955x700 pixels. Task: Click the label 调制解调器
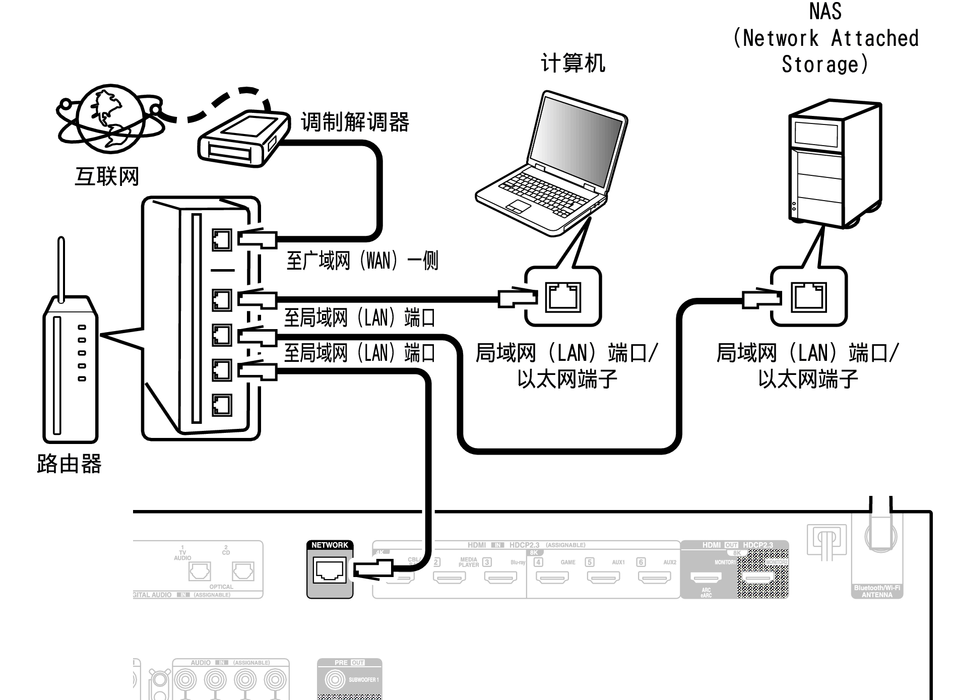click(x=355, y=122)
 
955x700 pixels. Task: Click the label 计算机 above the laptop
click(x=573, y=63)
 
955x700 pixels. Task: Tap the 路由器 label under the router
click(x=69, y=463)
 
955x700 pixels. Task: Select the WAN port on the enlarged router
click(x=222, y=240)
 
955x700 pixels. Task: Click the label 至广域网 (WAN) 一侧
click(x=362, y=261)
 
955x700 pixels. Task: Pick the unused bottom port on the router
click(x=222, y=405)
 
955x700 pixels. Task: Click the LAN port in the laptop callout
click(x=563, y=297)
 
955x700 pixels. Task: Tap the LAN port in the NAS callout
click(x=809, y=297)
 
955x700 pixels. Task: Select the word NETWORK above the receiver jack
click(x=330, y=545)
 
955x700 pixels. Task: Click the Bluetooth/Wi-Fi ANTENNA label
click(x=877, y=591)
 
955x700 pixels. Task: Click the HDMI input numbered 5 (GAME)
click(x=603, y=577)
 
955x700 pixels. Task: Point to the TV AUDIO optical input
click(x=200, y=571)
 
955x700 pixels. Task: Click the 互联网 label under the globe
click(x=107, y=176)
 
